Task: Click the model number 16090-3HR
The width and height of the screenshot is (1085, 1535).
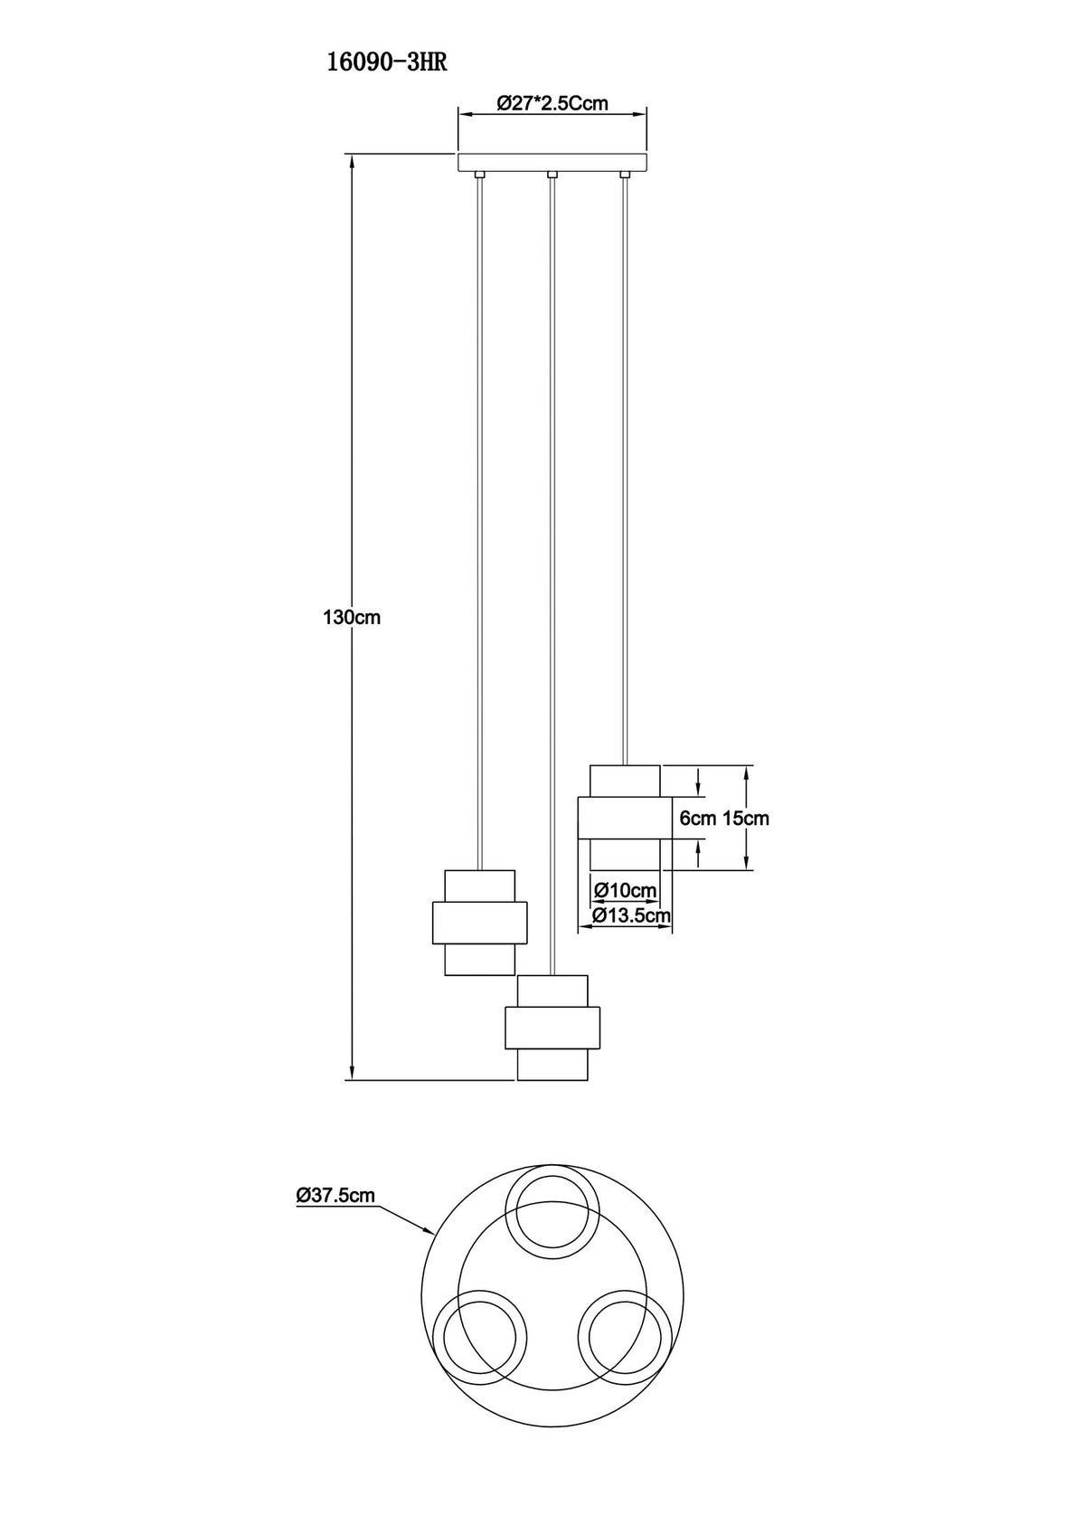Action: point(386,63)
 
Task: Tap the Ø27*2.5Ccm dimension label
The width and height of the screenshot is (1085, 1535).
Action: point(552,103)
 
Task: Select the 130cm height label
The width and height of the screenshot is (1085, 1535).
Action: point(352,618)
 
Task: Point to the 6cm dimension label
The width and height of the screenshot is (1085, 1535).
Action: point(697,819)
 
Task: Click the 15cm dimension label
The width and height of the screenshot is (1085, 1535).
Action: point(746,819)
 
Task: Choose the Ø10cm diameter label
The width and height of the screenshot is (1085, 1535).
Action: point(626,891)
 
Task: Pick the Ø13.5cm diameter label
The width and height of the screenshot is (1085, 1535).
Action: point(632,914)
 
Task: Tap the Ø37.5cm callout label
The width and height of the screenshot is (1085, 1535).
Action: point(335,1195)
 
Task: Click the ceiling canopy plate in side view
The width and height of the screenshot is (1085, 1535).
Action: point(552,163)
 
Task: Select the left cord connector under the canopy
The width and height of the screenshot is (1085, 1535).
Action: point(479,175)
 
